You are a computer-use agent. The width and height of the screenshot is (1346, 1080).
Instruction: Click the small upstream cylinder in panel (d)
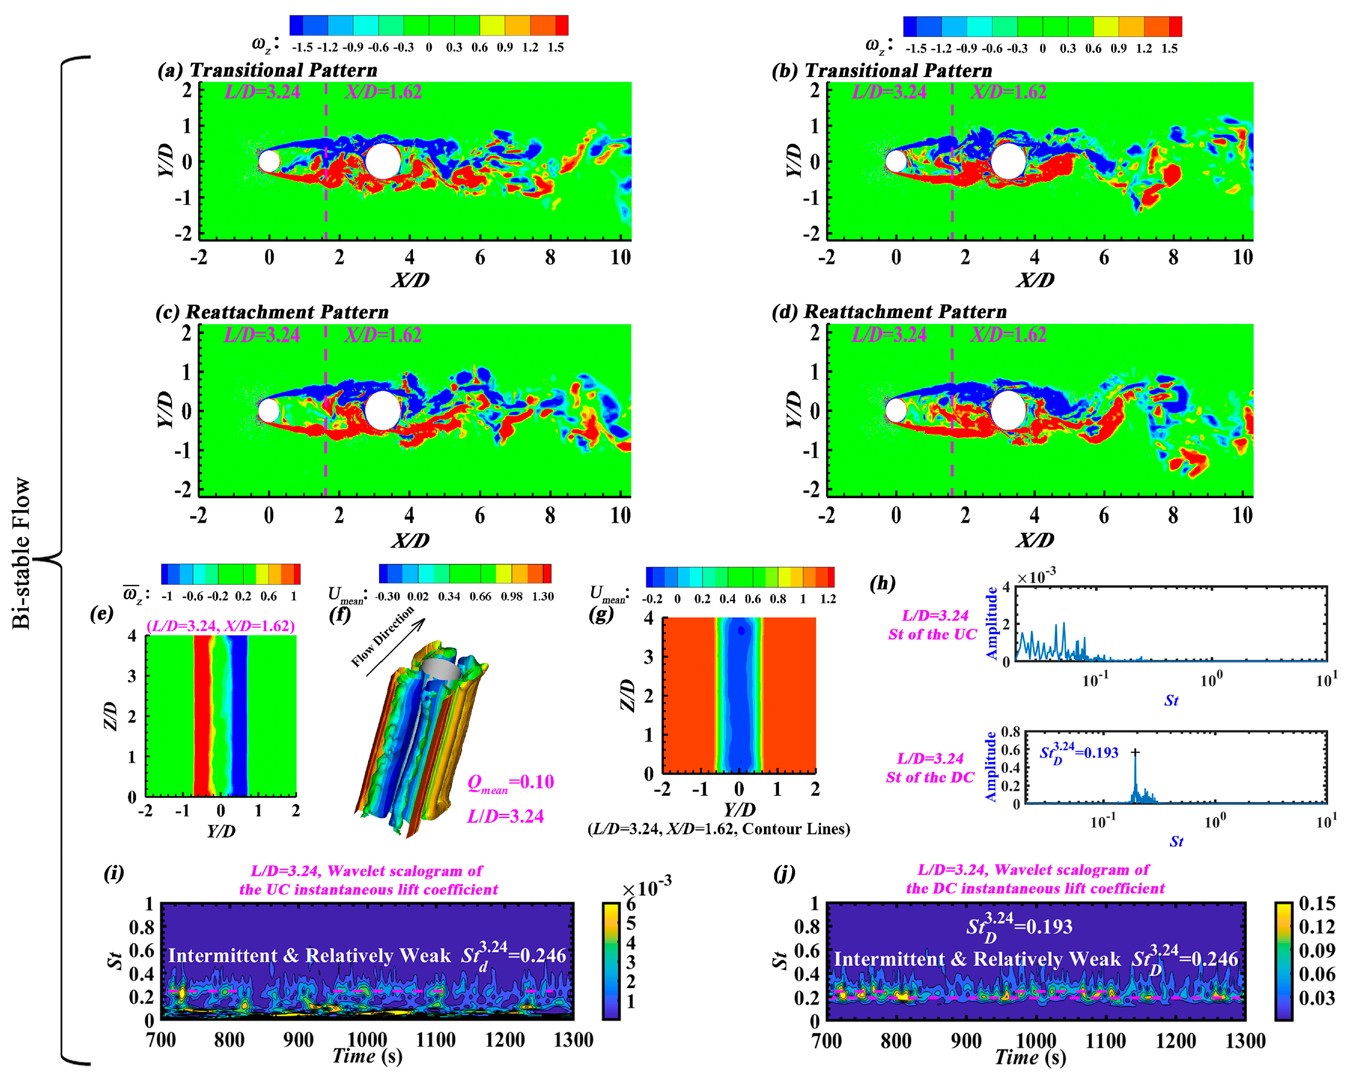[896, 411]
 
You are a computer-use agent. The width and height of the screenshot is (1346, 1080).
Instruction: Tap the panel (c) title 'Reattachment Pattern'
[287, 312]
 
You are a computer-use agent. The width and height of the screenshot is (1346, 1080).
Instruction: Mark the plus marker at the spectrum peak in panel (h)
[1135, 752]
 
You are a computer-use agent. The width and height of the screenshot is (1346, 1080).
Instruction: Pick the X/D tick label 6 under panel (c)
[479, 516]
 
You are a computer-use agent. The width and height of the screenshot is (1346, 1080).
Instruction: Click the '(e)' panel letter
[102, 614]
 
